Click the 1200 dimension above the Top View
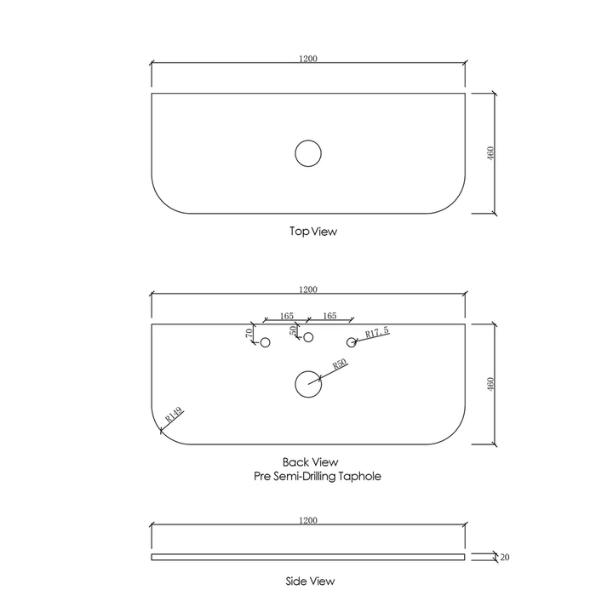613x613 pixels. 308,59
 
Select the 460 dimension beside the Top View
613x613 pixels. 490,153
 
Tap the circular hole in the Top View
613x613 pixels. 308,153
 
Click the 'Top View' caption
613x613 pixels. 308,231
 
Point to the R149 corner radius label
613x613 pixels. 174,415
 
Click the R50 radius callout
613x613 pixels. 338,365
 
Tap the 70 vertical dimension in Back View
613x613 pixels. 249,332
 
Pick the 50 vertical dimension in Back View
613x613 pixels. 294,329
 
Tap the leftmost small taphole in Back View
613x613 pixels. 265,342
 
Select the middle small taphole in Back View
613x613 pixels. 308,337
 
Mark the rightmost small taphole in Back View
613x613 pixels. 351,342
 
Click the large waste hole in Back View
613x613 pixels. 308,384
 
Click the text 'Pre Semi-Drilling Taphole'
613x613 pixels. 318,477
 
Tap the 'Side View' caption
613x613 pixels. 310,581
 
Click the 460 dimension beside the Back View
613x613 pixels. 490,384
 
